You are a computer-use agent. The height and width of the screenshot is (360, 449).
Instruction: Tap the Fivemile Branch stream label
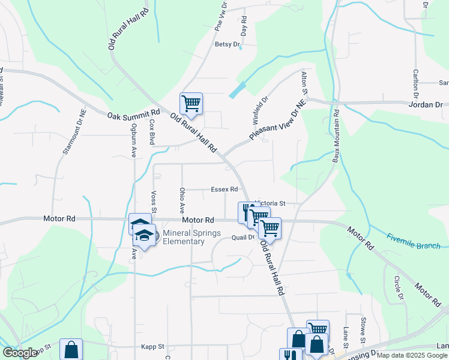[x=414, y=241]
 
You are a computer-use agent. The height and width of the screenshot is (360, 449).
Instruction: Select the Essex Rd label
[x=224, y=190]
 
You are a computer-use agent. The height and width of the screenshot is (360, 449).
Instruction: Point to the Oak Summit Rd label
[x=134, y=113]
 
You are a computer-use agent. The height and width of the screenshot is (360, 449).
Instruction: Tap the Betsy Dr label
[x=227, y=44]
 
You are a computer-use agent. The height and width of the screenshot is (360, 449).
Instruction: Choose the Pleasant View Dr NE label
[x=277, y=120]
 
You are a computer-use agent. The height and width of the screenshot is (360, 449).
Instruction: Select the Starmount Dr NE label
[x=74, y=131]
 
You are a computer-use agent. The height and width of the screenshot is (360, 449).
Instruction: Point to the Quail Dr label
[x=244, y=238]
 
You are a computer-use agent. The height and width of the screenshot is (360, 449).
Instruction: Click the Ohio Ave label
[x=182, y=200]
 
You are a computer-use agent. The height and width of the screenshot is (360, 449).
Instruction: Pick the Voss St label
[x=154, y=200]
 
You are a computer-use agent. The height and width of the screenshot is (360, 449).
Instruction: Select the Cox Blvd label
[x=152, y=132]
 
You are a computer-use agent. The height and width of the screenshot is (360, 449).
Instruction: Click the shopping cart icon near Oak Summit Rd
[x=191, y=103]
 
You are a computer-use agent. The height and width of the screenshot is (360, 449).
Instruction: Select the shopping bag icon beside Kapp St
[x=71, y=349]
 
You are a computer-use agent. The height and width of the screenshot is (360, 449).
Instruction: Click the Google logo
[x=20, y=353]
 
